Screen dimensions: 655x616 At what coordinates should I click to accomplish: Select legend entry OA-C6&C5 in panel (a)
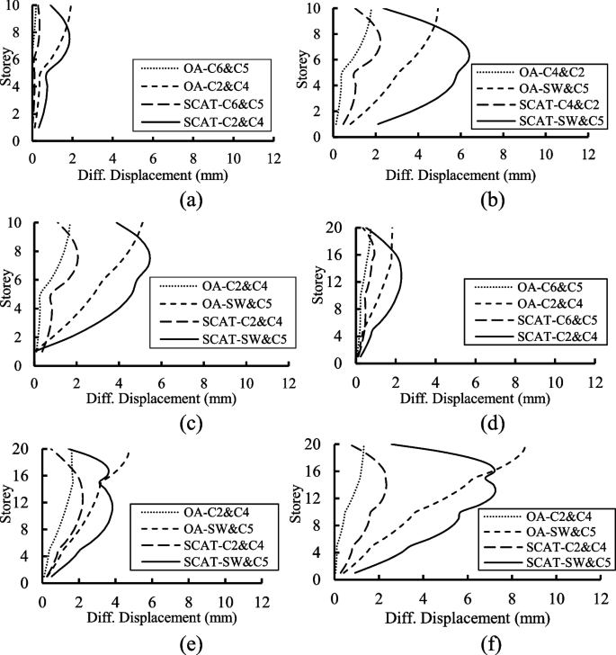[x=204, y=67]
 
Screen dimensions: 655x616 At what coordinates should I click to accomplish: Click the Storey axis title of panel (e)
[x=8, y=516]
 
